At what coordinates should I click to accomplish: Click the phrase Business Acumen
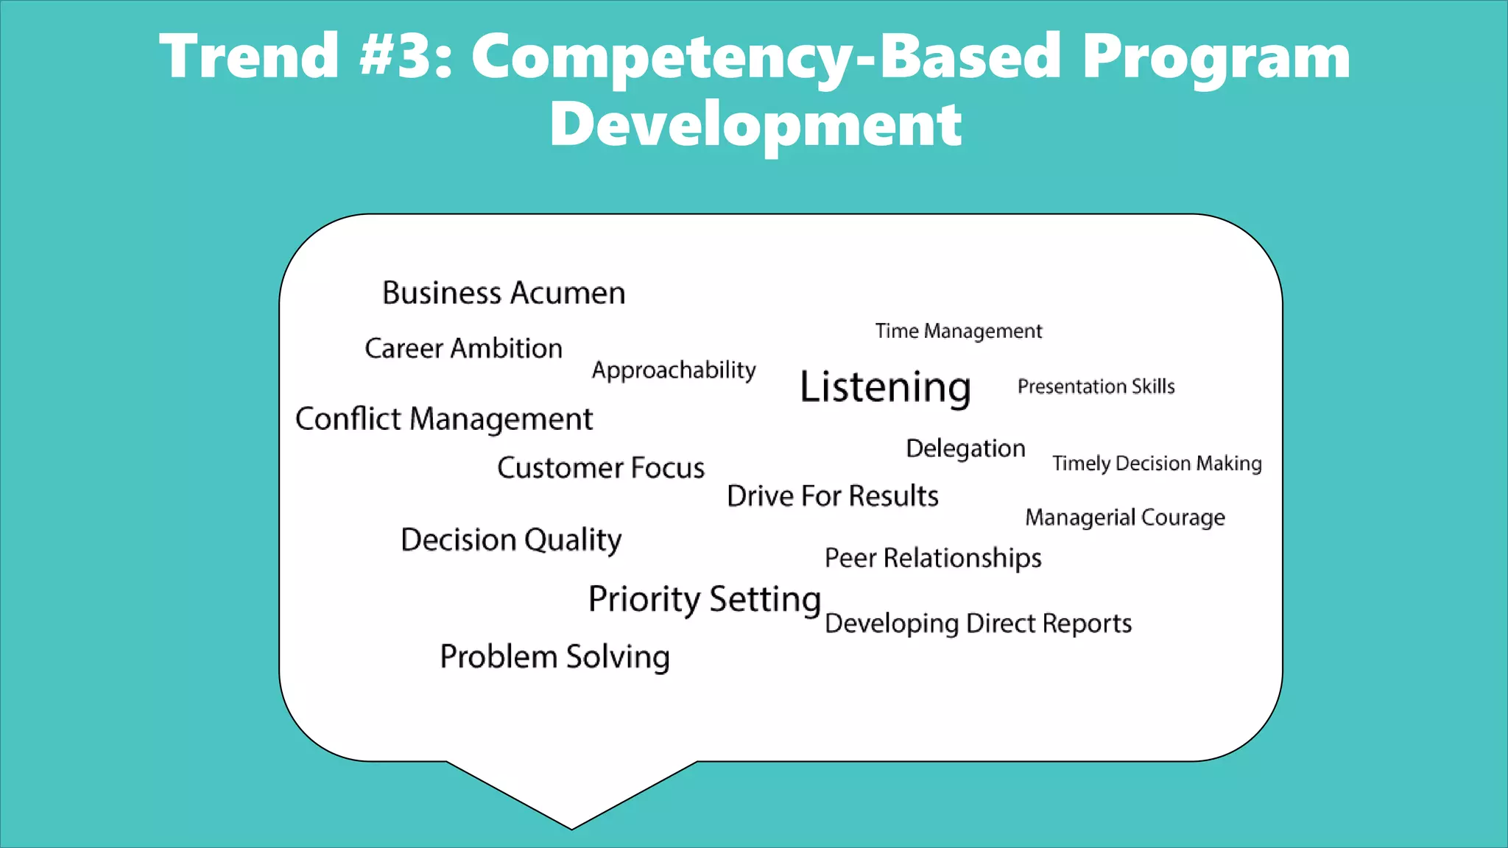504,293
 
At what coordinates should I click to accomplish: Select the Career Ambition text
463,348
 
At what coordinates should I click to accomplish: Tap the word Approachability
674,370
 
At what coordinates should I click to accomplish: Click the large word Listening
885,387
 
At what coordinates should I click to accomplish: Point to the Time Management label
958,331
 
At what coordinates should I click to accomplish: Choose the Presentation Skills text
1096,386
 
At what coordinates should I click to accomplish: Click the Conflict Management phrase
443,419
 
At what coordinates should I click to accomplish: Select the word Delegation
965,448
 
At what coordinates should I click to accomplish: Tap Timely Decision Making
1157,463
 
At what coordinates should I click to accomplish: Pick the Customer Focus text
601,468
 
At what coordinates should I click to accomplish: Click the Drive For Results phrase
832,496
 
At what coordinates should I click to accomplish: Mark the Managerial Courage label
1125,517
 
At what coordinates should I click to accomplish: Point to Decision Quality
511,540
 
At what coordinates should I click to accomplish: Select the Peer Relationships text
933,558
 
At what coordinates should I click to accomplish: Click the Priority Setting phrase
705,599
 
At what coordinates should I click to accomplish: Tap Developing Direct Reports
978,623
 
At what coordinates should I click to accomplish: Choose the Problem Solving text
554,657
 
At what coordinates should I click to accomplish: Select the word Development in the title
755,124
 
